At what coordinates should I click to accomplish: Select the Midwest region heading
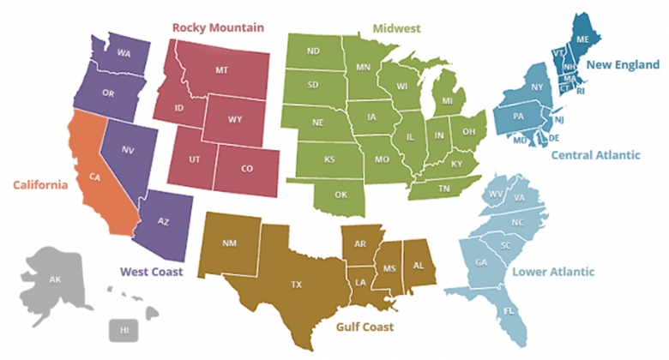pos(396,28)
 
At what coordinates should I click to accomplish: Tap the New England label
pos(623,64)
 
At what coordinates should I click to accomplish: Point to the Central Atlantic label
pos(595,155)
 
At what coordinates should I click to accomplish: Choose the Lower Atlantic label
pos(553,272)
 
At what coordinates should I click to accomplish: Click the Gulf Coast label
pos(365,327)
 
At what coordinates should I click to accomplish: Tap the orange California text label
pos(39,184)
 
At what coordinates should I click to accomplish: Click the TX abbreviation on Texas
pos(297,284)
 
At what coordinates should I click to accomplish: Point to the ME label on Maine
pos(582,39)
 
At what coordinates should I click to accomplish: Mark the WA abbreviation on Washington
pos(124,53)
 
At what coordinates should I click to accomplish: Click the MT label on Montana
pos(220,69)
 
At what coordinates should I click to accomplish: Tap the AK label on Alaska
pos(55,280)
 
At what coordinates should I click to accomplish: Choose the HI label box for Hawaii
pos(124,330)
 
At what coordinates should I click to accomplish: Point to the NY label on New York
pos(537,87)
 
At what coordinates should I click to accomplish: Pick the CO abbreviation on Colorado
pos(247,169)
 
